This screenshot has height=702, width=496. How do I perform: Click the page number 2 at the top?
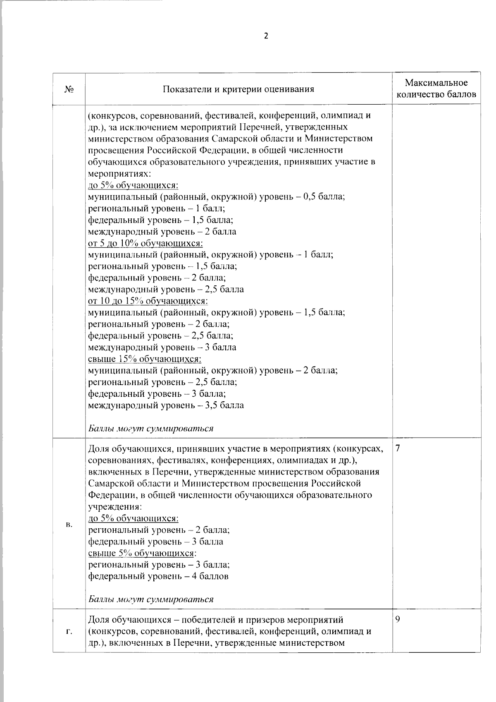coord(266,36)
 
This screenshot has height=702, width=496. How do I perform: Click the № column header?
coord(69,89)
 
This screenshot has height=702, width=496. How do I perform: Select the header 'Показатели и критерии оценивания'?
coord(238,89)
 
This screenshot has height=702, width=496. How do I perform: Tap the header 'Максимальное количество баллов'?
coord(436,89)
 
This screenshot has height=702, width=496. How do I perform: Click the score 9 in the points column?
coord(398,620)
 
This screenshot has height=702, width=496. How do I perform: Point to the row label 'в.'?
coord(69,525)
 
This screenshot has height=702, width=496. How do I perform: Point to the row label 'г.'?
coord(69,631)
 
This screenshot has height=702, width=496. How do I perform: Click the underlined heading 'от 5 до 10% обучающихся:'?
coord(145,243)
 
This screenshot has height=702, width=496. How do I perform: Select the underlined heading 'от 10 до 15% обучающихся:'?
coord(148,301)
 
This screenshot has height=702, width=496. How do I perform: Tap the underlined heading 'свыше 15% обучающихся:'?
coord(145,359)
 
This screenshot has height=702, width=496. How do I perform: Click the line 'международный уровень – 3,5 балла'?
coord(166,405)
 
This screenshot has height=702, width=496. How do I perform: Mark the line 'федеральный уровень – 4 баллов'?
coord(158,576)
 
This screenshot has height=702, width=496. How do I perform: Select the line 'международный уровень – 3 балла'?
coord(162,347)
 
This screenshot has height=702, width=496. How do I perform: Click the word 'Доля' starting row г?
coord(98,620)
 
